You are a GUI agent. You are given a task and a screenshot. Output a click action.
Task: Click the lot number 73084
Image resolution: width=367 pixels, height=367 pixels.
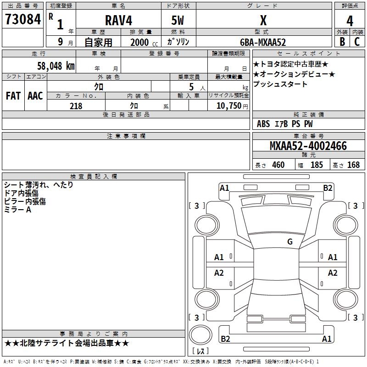tap(23, 19)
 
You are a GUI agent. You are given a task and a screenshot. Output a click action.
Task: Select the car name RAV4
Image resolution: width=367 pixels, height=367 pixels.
tap(118, 20)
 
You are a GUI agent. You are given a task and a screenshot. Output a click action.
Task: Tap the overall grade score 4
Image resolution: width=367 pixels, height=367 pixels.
tap(350, 21)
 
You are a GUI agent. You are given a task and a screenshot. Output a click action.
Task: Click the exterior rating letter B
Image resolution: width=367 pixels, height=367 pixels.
tap(342, 42)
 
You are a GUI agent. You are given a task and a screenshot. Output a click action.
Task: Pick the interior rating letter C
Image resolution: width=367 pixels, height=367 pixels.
tap(357, 42)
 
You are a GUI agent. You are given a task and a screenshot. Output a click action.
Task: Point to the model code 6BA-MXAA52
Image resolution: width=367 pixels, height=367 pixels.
tap(263, 42)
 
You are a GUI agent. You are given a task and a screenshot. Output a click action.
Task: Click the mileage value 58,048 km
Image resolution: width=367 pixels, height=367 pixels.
tap(56, 66)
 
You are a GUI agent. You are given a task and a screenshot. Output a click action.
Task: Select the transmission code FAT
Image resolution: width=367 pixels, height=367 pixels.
tap(13, 96)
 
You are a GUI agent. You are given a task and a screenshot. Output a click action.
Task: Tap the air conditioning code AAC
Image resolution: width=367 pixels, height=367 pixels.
tap(35, 96)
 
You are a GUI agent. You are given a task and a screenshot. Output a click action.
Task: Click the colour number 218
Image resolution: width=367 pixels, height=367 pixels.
tap(76, 106)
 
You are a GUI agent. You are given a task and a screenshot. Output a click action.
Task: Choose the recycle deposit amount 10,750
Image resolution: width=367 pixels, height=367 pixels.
tap(228, 106)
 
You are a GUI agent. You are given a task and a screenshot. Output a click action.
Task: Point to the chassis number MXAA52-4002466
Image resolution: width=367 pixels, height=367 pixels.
tap(308, 146)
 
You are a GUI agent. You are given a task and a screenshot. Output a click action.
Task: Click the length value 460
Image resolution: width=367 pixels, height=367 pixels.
tap(278, 165)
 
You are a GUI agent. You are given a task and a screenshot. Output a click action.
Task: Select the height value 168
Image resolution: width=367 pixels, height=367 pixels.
tap(353, 165)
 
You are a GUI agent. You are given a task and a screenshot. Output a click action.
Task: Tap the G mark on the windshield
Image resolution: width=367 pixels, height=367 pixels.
tap(290, 241)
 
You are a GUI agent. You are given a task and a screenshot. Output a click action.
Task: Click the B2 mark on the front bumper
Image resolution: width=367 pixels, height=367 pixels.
tap(328, 188)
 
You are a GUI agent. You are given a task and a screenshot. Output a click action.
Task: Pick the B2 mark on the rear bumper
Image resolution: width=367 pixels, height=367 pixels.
tap(225, 339)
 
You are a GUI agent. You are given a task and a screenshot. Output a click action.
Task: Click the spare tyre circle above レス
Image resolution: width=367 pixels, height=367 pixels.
tap(200, 335)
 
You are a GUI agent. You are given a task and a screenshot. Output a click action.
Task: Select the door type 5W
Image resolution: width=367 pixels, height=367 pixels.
tap(178, 21)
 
